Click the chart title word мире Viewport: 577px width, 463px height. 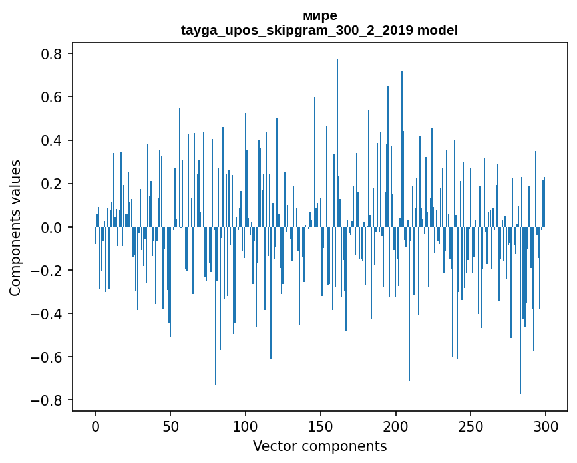click(319, 15)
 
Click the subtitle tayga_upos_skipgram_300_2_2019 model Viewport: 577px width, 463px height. click(319, 30)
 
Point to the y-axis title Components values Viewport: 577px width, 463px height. click(15, 228)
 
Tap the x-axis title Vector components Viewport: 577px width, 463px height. click(319, 446)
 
